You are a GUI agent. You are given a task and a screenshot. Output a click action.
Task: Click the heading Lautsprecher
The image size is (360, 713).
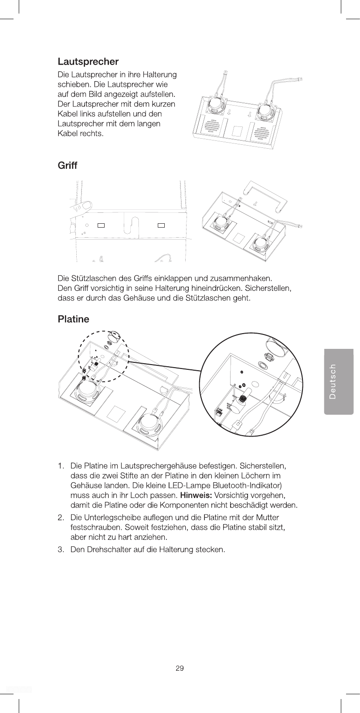click(88, 61)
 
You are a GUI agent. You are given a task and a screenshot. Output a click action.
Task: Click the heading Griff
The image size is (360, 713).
click(67, 166)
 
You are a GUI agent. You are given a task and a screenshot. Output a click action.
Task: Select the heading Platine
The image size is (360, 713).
click(73, 319)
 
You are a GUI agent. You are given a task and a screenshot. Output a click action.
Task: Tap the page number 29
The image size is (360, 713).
click(180, 668)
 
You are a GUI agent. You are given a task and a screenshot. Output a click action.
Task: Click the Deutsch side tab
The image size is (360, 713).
click(339, 381)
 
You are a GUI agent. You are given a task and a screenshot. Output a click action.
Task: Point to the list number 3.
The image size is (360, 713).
click(61, 549)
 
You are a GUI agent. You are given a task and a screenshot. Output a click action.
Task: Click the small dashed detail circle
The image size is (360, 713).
click(102, 356)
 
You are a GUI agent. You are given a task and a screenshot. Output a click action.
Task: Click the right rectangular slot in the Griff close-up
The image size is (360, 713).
click(161, 225)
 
